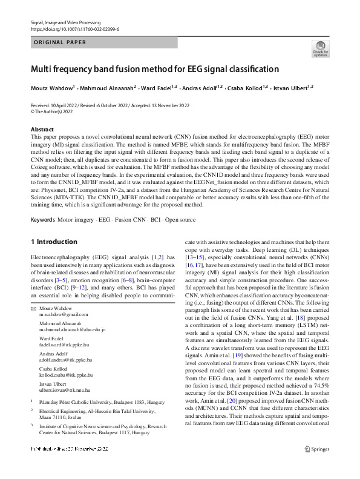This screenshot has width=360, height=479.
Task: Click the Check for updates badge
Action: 320,50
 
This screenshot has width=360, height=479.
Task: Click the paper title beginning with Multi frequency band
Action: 155,69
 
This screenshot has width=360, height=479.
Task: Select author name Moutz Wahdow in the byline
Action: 51,87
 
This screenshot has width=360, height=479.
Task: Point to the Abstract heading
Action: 42,129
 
